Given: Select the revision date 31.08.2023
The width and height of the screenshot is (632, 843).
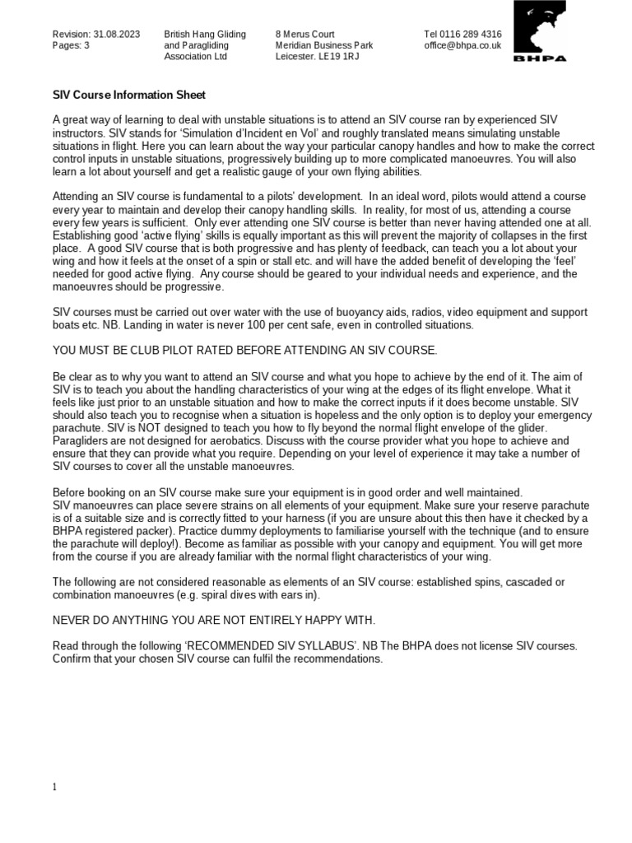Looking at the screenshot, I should [115, 34].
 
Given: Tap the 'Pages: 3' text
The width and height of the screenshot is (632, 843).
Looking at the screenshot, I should [71, 46].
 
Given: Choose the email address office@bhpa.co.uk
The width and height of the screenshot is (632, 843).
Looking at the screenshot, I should [462, 46].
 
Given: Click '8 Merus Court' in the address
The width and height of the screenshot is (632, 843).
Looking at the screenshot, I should [304, 34].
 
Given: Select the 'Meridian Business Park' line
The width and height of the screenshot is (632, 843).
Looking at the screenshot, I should [324, 46].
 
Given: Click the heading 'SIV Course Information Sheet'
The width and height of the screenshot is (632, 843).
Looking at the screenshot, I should [128, 95].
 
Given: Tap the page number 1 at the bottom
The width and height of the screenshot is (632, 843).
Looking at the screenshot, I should [55, 787].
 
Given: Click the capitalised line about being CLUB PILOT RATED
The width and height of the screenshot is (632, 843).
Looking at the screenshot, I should [244, 350].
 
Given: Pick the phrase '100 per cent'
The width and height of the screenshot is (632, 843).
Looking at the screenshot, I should [267, 324].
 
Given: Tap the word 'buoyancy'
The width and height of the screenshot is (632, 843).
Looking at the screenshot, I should [389, 312].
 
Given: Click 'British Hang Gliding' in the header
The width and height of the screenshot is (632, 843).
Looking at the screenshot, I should [205, 34].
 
